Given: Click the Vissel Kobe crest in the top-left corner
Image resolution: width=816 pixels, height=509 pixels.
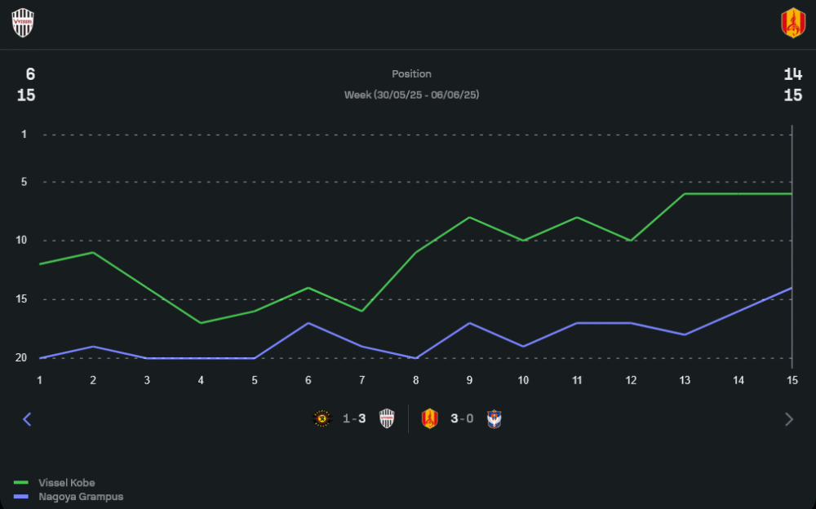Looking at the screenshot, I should coord(23,23).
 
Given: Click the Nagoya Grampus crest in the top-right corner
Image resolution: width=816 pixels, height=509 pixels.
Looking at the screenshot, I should coord(793,23).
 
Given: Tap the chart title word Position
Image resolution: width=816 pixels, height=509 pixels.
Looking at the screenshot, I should coord(411,74).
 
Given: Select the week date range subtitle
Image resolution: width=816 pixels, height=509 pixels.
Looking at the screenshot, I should coord(411,95).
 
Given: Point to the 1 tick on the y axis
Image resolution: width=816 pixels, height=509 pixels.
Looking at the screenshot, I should coord(24,134).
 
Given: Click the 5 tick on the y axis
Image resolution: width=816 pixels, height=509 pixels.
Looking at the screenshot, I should coord(24,181).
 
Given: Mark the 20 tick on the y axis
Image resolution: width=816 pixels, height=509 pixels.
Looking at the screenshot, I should coord(21,357).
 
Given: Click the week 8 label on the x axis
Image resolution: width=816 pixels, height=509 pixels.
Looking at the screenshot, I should coord(415,380).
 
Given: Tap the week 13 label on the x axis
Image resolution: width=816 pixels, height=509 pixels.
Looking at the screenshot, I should coord(685,380).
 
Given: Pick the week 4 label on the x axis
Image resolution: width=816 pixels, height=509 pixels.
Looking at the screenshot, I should coord(201,380).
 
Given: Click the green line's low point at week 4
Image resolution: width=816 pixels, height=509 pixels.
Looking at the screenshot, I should coord(201,323).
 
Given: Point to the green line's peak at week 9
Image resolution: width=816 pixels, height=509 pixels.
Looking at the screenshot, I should coord(469,217).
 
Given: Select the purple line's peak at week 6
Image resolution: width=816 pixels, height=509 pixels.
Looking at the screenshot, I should coord(308,323).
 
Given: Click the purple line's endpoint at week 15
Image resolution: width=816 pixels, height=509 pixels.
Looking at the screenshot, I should coord(792,287).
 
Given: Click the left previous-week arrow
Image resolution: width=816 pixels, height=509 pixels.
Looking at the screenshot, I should coord(27,419).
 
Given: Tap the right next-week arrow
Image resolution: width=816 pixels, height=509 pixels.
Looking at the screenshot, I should coord(788,419).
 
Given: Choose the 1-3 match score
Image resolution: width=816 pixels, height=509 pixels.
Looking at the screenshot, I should coord(354,419).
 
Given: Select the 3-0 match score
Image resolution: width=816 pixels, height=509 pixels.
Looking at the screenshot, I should coord(462,419).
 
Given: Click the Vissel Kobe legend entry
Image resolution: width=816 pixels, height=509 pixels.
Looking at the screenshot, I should coord(65,483).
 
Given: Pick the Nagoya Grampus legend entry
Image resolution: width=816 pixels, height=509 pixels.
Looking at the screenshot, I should coord(80,496).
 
